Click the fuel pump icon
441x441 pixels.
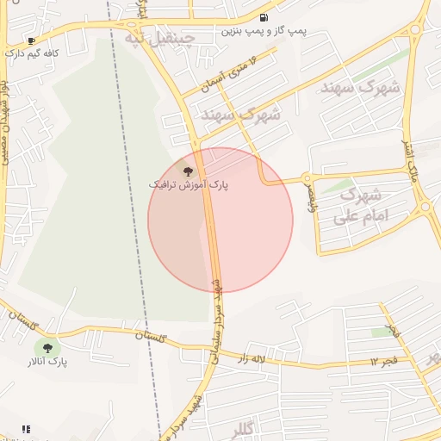tap(263, 17)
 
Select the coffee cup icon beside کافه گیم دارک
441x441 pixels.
tap(32, 40)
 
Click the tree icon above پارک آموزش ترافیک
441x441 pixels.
tap(189, 171)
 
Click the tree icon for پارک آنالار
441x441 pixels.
tap(47, 348)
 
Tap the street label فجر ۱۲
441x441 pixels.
tap(385, 358)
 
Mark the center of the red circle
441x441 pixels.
tap(220, 220)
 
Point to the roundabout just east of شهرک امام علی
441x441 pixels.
tap(425, 207)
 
